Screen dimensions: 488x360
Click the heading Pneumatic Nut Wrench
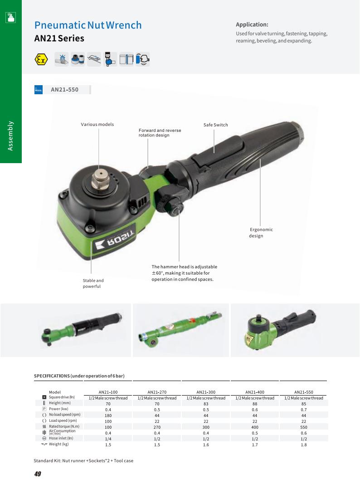tap(88, 25)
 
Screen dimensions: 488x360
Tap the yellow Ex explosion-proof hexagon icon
tap(41, 59)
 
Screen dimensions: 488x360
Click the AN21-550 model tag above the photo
tap(64, 90)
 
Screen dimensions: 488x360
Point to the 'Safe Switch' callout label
tap(215, 125)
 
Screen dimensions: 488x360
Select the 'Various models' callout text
tap(97, 125)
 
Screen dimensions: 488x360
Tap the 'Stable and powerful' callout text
tap(93, 283)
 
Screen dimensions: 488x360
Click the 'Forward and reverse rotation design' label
tap(160, 133)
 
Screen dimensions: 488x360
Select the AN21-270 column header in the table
tap(157, 392)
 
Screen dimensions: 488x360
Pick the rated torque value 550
tap(303, 427)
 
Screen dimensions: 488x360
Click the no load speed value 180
tap(108, 415)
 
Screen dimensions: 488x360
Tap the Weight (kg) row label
tap(58, 444)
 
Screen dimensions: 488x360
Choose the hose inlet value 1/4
tap(108, 439)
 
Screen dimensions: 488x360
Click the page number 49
tap(38, 474)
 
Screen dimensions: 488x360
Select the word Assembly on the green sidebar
tap(11, 135)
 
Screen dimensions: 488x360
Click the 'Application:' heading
tap(252, 24)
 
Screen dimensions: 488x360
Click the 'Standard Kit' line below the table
tap(83, 460)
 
